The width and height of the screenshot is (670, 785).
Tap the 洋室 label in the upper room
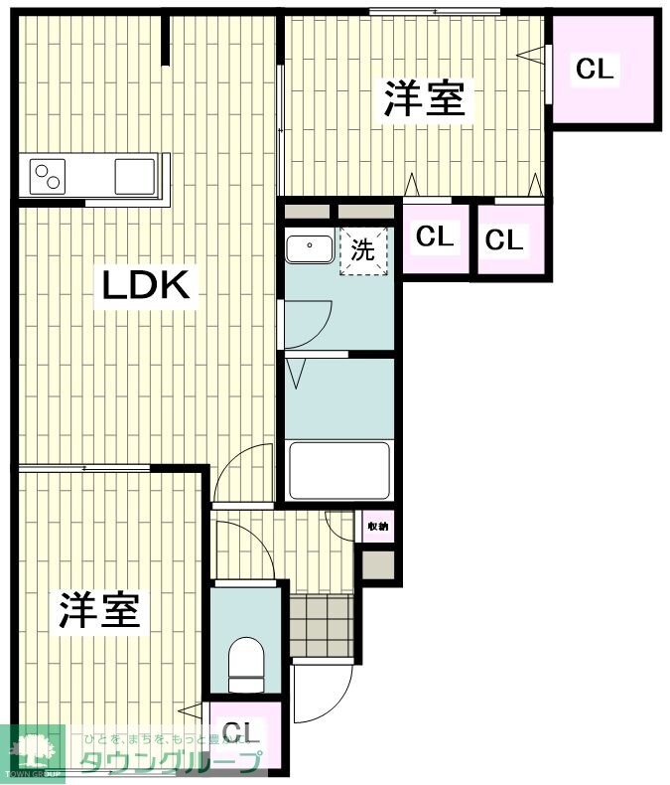pos(425,99)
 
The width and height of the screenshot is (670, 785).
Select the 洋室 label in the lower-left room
pos(98,610)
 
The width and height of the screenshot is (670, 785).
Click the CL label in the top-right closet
pos(596,69)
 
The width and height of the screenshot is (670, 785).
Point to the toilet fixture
pos(244,664)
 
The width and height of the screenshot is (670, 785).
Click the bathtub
pos(339,469)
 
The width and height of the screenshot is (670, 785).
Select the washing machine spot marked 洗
pos(362,251)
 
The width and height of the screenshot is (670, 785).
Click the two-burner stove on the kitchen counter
pos(49,177)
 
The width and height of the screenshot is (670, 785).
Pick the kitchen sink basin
pos(134,176)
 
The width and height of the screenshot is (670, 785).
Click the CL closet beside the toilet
pos(242,735)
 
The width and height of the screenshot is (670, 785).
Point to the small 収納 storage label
pos(378,527)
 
